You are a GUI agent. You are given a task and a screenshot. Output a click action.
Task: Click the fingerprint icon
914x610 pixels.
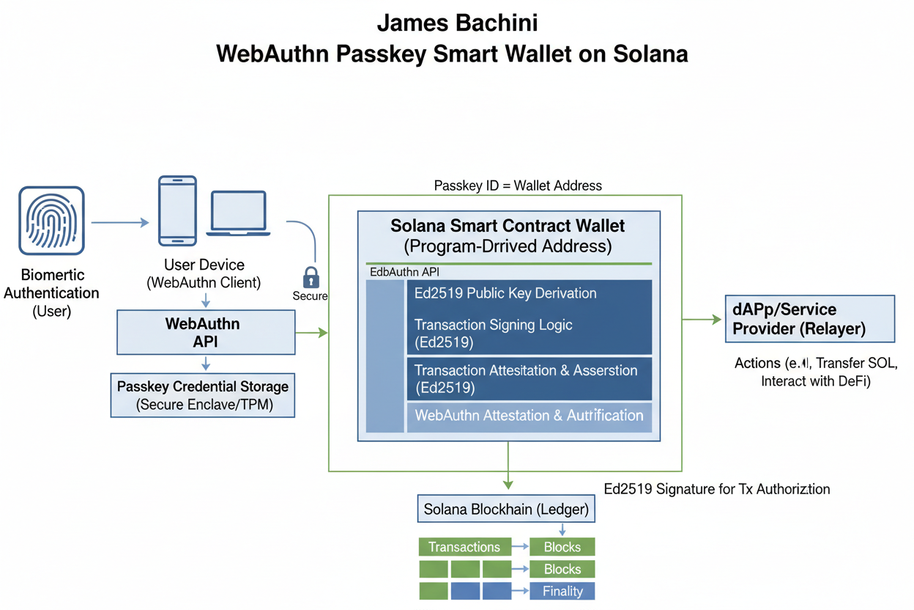(x=51, y=220)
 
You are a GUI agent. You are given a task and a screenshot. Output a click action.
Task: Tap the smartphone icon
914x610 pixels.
(x=177, y=210)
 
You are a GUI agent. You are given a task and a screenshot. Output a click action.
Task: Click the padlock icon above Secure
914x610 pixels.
(x=311, y=277)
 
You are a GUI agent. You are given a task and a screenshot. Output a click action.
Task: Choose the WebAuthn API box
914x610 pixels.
(x=206, y=332)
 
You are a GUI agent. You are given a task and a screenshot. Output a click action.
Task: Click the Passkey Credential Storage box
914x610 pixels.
(x=203, y=395)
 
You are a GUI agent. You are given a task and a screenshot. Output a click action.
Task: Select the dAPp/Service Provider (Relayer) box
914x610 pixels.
(x=809, y=319)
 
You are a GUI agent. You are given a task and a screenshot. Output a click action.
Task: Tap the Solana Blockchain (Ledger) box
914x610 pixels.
(x=506, y=508)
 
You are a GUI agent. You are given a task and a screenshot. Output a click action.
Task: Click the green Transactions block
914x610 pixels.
(x=464, y=547)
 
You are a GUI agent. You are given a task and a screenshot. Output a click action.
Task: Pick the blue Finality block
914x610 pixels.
(x=562, y=591)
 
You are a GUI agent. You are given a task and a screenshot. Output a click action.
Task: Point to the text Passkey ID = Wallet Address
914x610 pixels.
(x=518, y=185)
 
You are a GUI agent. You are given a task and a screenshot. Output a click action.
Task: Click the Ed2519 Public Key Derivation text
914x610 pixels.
(x=505, y=293)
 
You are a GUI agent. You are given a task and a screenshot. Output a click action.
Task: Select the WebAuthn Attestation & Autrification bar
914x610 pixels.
(x=529, y=415)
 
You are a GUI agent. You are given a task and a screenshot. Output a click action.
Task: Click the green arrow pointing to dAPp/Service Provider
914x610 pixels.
(x=702, y=319)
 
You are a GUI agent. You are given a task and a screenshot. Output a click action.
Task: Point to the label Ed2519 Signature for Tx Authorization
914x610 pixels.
(x=717, y=488)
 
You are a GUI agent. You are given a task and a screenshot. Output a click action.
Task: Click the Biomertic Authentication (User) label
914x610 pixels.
(x=51, y=293)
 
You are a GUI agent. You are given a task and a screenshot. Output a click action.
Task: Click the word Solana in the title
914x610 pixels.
(x=647, y=55)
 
